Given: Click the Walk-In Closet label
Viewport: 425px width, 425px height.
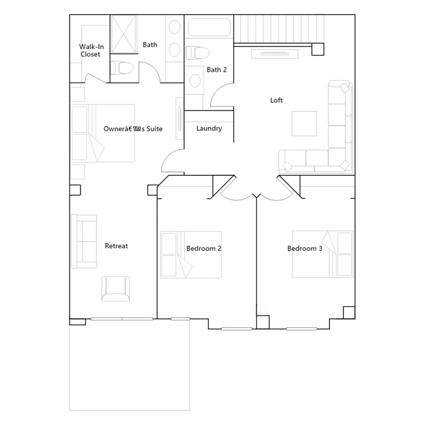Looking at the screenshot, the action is pos(91,50).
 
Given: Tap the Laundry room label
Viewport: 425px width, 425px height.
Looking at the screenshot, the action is pos(209,128).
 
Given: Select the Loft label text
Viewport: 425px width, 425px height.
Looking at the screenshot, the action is pos(276,100).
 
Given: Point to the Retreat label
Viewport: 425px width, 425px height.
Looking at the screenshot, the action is pos(116,246).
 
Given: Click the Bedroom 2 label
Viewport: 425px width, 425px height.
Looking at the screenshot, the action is pos(204,248).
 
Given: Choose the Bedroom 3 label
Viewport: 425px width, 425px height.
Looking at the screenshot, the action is pos(305,248).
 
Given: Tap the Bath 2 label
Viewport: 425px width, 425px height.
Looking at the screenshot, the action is pos(216,70).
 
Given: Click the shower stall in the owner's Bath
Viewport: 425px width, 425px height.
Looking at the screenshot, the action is pos(124,34).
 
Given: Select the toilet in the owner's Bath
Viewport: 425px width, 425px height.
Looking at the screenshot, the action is pos(122,68).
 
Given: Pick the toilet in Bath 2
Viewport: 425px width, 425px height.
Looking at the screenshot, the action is pos(197,53).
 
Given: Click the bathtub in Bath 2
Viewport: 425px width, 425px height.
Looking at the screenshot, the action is pos(209,27).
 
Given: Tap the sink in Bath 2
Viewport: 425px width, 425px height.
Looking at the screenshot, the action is pos(195,80).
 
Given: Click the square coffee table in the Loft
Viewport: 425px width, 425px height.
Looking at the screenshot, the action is pos(304,124).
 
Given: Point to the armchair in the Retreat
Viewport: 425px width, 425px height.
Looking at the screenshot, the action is pos(116,289).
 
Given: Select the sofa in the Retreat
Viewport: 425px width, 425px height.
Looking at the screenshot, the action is pos(84,241).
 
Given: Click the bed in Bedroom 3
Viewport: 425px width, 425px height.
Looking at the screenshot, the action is pos(322,254).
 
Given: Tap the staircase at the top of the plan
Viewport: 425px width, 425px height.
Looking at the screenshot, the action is pos(279,29).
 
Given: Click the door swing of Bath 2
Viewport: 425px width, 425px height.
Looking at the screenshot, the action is pos(222,95).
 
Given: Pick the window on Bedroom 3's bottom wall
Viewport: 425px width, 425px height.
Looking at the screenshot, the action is pos(301,329).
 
